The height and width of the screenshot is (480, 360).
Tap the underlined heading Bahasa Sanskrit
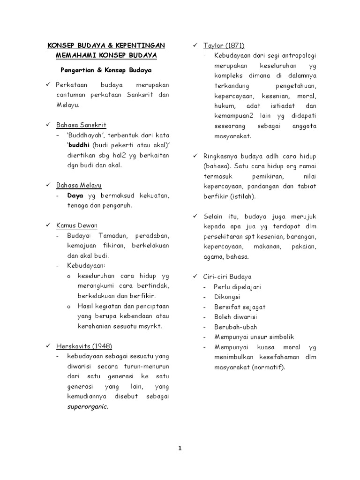click(x=81, y=125)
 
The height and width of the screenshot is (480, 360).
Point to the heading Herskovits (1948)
click(x=84, y=346)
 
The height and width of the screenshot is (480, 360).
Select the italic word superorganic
click(x=87, y=406)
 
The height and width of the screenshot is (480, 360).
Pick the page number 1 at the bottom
click(x=180, y=448)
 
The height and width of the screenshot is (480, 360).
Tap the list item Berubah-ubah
click(x=230, y=327)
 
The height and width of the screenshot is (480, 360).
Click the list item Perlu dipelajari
click(x=237, y=286)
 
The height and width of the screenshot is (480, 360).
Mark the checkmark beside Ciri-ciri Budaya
click(x=195, y=276)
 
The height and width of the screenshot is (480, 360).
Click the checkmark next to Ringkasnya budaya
click(x=195, y=156)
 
